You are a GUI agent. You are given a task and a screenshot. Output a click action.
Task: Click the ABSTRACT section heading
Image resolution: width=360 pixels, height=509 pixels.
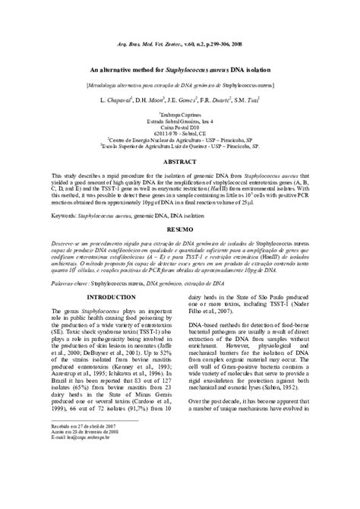click(x=180, y=162)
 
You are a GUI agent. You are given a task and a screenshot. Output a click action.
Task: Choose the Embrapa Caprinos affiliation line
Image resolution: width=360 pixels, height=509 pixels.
click(x=180, y=112)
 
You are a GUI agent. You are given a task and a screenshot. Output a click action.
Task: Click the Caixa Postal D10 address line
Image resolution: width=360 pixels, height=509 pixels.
click(x=180, y=125)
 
